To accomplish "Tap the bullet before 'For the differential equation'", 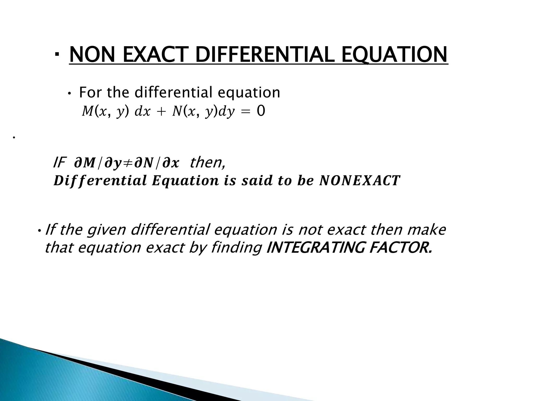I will [x=69, y=94].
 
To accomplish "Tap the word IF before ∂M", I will [x=59, y=163].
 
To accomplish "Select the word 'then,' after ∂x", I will [x=208, y=163].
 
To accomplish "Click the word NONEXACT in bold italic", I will [x=360, y=181].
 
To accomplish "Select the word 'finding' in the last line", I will [x=236, y=247].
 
